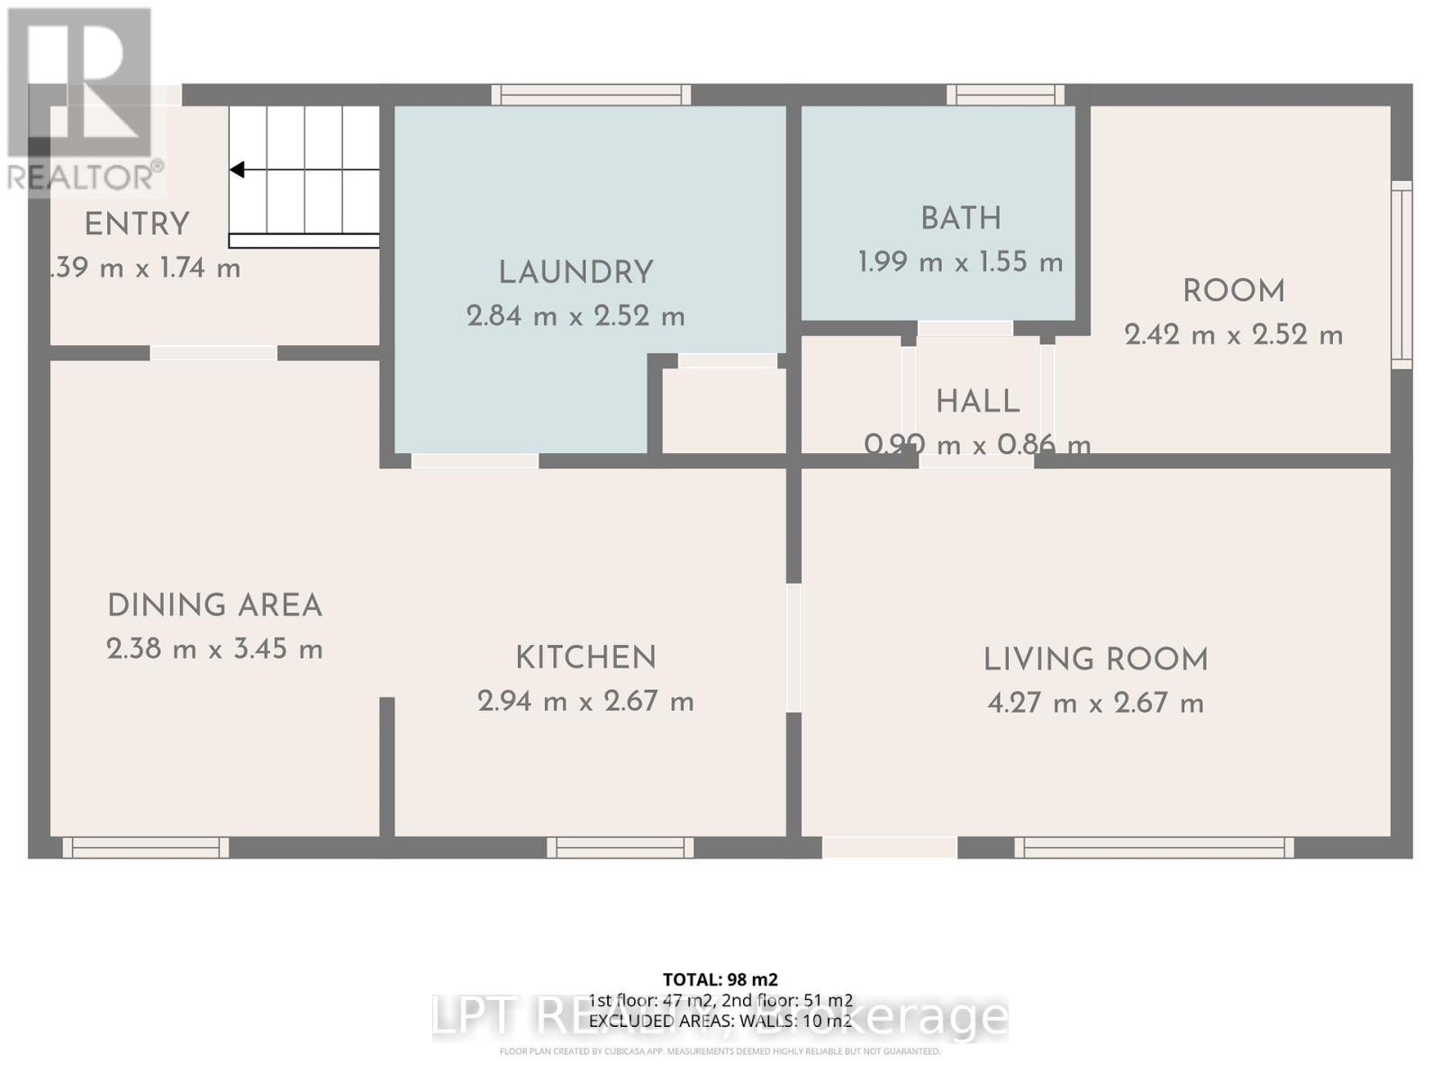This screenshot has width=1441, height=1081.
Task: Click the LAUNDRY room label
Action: [x=575, y=272]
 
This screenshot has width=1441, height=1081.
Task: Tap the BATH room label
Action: [x=960, y=219]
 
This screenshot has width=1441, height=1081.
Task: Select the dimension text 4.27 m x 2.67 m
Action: [x=1095, y=703]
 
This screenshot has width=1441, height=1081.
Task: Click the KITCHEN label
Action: [x=585, y=658]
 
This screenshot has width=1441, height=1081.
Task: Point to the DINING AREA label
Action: [x=214, y=605]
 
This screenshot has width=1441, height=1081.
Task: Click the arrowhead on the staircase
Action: [x=238, y=169]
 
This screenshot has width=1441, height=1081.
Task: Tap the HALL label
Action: [x=977, y=402]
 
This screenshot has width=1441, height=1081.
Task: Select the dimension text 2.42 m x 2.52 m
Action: [x=1233, y=335]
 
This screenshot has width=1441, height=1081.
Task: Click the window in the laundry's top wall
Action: [x=591, y=95]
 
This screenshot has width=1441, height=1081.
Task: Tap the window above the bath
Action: [x=1005, y=95]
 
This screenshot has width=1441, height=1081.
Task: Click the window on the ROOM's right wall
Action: [x=1401, y=275]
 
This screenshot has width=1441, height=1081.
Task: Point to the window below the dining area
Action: [x=145, y=847]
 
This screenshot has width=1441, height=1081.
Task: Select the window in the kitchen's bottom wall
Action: [x=620, y=847]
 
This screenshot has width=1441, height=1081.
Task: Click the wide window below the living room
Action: [x=1154, y=847]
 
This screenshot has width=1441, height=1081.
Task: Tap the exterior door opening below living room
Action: [x=889, y=847]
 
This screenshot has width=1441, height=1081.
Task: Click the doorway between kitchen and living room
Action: [x=793, y=649]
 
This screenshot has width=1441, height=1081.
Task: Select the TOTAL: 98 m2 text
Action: [x=720, y=979]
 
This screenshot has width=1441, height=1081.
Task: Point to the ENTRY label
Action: [x=137, y=224]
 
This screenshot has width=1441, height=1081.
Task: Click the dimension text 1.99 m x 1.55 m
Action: [x=960, y=262]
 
